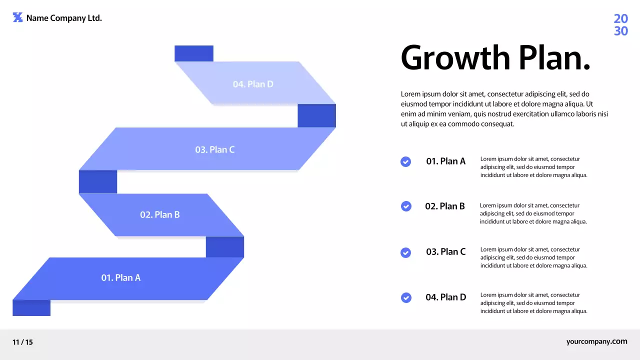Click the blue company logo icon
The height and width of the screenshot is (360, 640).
click(x=17, y=17)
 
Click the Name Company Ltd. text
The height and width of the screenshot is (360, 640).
click(x=64, y=18)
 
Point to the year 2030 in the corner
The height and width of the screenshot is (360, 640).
click(x=620, y=25)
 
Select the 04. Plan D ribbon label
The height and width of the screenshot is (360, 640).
click(x=253, y=84)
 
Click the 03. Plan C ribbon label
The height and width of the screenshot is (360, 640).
click(x=214, y=149)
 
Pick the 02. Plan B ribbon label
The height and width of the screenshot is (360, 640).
click(x=159, y=214)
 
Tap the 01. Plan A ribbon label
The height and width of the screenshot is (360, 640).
click(x=121, y=277)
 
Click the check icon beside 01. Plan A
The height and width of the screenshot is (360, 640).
click(x=406, y=161)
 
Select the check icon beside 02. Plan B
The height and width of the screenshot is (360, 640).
click(x=406, y=206)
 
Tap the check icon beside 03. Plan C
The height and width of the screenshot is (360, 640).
click(x=406, y=252)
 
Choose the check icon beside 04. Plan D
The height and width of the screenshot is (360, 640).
click(x=406, y=297)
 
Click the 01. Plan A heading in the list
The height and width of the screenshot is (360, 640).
click(x=445, y=161)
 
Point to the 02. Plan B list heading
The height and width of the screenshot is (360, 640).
click(x=445, y=206)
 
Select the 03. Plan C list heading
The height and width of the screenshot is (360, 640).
click(x=445, y=251)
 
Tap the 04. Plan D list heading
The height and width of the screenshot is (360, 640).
click(x=445, y=297)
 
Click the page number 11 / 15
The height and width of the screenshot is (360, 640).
click(x=22, y=342)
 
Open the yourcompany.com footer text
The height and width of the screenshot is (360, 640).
click(x=596, y=341)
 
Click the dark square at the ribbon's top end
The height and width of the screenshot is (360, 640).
click(x=194, y=53)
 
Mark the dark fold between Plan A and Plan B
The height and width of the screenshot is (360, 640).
click(x=225, y=247)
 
